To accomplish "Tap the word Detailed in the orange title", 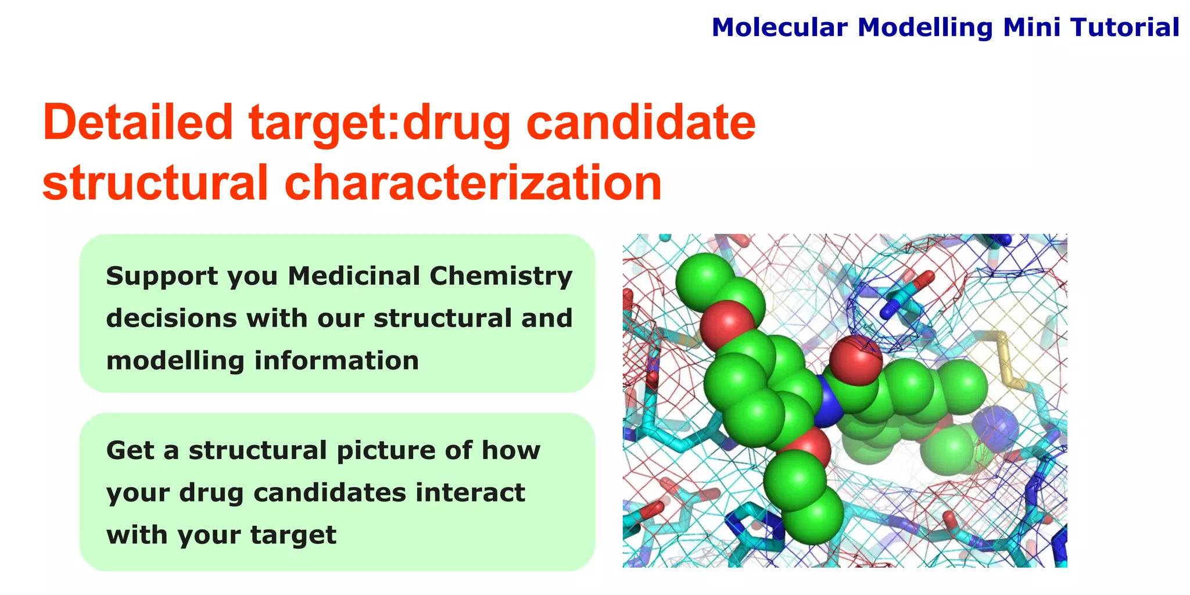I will pyautogui.click(x=138, y=123).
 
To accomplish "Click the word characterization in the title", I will pyautogui.click(x=473, y=182).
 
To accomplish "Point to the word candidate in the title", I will pyautogui.click(x=640, y=123).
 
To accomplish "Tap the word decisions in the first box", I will pyautogui.click(x=171, y=318).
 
